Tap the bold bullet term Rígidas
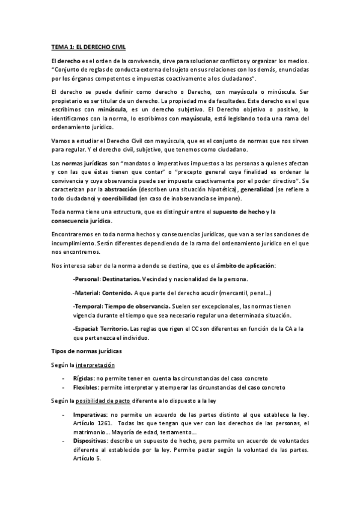pos(82,378)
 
